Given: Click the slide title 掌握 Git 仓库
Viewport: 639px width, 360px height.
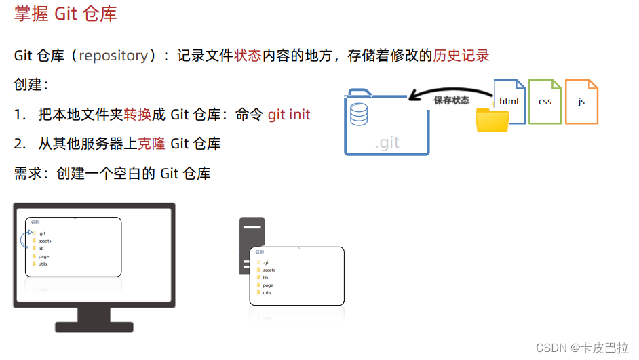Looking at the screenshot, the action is pos(65,14).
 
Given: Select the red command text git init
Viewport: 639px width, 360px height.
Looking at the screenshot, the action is pos(289,114).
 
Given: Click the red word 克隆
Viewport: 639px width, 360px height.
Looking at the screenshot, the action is pos(151,144).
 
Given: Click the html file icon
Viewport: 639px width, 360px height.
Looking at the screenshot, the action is pos(509,100).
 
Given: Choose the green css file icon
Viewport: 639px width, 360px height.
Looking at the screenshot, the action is pos(545,102).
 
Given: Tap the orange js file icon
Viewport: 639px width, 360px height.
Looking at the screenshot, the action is pos(581,102).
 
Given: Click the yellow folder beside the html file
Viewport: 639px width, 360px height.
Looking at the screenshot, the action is pos(492,120).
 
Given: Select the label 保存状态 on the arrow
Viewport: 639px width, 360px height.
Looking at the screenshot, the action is pos(452,100).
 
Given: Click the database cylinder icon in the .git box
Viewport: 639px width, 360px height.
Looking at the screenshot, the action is pos(359,114).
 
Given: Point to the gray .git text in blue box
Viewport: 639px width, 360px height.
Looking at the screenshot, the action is pos(387,143).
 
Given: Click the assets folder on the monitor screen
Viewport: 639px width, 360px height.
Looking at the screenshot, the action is pos(44,241).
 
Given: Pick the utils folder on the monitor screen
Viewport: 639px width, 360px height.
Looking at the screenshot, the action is pos(43,264).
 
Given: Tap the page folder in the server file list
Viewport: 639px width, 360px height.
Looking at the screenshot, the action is pos(267,285).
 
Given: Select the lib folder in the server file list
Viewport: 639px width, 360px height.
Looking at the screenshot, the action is pos(265,277).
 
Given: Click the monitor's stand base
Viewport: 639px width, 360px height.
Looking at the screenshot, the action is pos(94,326).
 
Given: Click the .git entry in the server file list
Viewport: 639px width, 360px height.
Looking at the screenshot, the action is pos(267,262).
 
